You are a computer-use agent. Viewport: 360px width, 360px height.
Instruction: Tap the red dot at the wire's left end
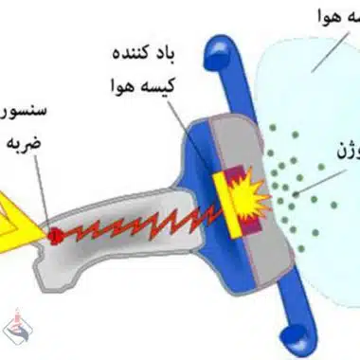[x=55, y=233]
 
